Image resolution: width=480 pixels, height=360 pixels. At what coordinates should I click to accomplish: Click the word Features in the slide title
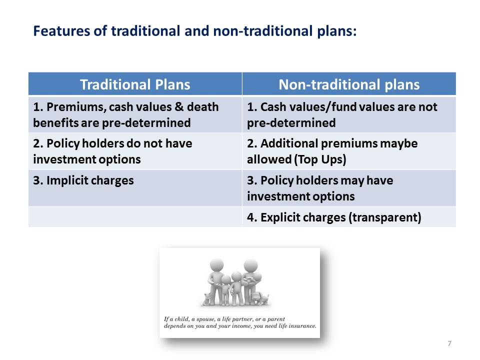point(61,31)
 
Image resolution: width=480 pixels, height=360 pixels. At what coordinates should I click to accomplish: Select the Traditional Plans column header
point(135,84)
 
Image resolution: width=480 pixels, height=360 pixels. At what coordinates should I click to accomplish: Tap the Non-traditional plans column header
point(349,84)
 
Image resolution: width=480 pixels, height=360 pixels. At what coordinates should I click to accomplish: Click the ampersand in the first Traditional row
point(179,107)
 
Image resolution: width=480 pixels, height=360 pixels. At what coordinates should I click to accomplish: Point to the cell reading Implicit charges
point(135,188)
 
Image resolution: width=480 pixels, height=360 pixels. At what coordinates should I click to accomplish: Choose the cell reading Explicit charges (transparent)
point(349,217)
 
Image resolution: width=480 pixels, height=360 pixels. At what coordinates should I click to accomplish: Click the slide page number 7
point(449,343)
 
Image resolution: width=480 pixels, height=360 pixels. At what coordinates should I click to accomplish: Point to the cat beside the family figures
point(207,299)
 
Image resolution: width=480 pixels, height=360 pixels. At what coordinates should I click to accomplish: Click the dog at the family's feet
point(259,298)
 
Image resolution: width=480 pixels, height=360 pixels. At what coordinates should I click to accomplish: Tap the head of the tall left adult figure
point(216,265)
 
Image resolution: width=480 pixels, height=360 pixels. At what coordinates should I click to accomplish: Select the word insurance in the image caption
point(303,326)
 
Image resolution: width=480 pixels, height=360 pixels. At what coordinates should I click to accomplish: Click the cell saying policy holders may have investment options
point(349,188)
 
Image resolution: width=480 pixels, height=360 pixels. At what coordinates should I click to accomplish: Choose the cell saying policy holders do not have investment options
point(135,151)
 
